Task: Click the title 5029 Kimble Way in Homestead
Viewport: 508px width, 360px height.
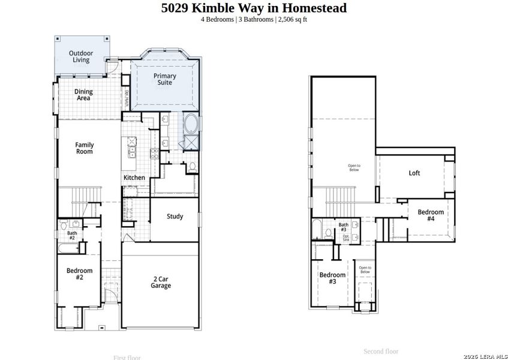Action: [254, 8]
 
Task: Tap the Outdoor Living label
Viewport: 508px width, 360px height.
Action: [80, 56]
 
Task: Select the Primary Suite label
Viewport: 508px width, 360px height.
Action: [164, 79]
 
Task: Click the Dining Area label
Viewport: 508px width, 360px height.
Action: [83, 95]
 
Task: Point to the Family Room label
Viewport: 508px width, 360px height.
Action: [84, 148]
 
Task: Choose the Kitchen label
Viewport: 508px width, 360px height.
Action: [134, 178]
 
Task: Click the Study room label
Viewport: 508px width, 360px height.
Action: [175, 217]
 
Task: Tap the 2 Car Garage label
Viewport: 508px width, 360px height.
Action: [160, 282]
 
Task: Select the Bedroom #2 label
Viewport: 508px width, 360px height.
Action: [79, 274]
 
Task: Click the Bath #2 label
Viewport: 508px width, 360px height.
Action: [72, 235]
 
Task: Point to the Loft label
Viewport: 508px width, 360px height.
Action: [414, 173]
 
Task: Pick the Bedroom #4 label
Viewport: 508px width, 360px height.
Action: [431, 215]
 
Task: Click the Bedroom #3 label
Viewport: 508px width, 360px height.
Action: [332, 278]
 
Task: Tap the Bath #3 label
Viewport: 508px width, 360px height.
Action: [343, 227]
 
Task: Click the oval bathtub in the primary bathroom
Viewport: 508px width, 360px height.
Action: [191, 124]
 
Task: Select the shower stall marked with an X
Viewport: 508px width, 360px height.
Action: [192, 142]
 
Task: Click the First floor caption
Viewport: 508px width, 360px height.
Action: [127, 358]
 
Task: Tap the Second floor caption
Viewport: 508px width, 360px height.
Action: [381, 352]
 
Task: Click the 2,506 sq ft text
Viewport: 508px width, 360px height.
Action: [293, 19]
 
